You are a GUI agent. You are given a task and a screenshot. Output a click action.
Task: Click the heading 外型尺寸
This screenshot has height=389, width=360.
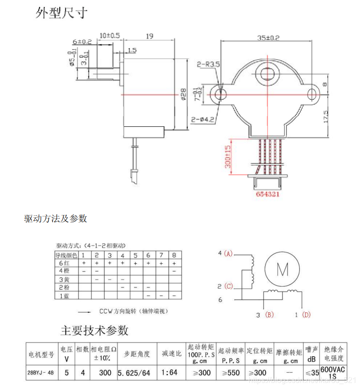pos(62,13)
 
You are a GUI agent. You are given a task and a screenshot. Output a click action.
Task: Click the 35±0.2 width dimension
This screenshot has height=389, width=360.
pos(268,37)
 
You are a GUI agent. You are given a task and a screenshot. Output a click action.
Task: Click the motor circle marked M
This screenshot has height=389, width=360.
pos(282,269)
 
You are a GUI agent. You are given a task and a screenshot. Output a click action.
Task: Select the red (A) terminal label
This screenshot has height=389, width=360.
pos(228,254)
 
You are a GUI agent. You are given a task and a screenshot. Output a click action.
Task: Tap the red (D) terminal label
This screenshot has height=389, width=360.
pos(306,315)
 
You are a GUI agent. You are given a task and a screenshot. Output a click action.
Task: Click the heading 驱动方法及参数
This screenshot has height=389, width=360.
pos(56,218)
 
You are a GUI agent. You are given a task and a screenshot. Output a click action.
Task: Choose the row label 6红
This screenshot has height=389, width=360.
pos(64,263)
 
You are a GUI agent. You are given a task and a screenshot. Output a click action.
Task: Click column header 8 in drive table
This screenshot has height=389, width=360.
pos(174,255)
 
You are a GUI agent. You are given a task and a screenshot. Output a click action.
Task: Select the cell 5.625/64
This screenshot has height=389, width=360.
pos(133,373)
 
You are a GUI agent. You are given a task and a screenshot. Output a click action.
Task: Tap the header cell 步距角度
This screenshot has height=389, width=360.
pos(133,354)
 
